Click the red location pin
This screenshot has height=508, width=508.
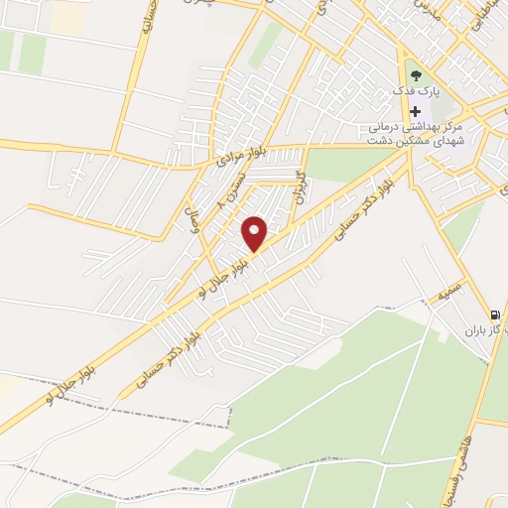(x=255, y=233)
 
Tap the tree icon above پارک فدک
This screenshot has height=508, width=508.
(x=415, y=72)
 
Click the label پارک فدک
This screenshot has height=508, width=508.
(x=416, y=92)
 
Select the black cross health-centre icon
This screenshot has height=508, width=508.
(x=415, y=111)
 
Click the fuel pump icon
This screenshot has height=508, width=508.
(x=495, y=311)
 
